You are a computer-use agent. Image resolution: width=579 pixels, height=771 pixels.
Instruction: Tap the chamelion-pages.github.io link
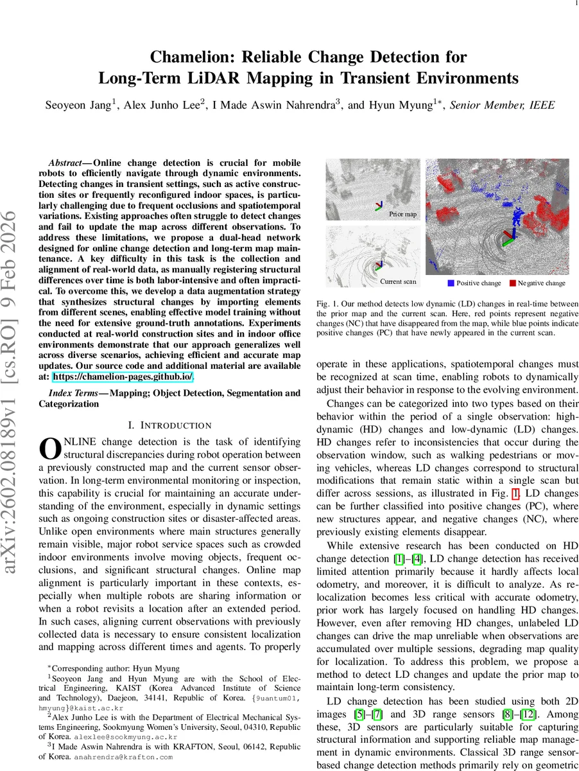point(123,377)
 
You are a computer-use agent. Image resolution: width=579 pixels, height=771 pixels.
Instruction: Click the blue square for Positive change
point(451,283)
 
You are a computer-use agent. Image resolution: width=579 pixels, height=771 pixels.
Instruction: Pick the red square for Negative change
point(512,283)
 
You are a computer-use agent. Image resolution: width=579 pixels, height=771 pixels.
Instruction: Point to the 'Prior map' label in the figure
point(402,214)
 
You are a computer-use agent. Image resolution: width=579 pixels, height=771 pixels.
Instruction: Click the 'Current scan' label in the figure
point(399,281)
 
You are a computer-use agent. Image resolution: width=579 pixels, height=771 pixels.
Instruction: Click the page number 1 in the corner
point(573,4)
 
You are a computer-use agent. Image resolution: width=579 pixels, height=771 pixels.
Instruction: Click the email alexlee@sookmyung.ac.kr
point(126,737)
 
